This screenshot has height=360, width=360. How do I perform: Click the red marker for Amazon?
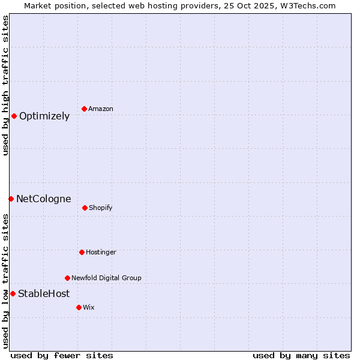(84, 109)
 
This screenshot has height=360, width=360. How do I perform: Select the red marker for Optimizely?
(14, 116)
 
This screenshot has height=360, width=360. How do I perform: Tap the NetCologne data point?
(11, 199)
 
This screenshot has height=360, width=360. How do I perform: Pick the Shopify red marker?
(85, 208)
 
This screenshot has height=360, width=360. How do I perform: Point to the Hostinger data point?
(82, 252)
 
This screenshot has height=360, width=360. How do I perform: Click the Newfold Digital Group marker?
(67, 278)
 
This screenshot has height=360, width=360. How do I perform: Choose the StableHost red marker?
(13, 293)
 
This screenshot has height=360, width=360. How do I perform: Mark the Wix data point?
(79, 307)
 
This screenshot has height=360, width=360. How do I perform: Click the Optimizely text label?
(44, 116)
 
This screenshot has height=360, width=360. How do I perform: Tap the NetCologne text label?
(43, 199)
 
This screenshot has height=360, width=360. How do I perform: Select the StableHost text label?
(44, 294)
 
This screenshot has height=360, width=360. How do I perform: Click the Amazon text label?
(101, 109)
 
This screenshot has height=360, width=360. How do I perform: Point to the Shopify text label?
(101, 208)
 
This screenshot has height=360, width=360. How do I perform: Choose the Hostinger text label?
(101, 253)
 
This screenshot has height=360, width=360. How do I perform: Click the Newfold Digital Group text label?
(106, 278)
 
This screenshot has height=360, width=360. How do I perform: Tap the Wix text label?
(89, 308)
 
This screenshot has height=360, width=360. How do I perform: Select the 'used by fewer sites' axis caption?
(62, 355)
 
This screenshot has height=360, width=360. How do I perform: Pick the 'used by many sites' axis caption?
(301, 355)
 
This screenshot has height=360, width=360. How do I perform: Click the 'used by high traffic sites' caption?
(6, 85)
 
